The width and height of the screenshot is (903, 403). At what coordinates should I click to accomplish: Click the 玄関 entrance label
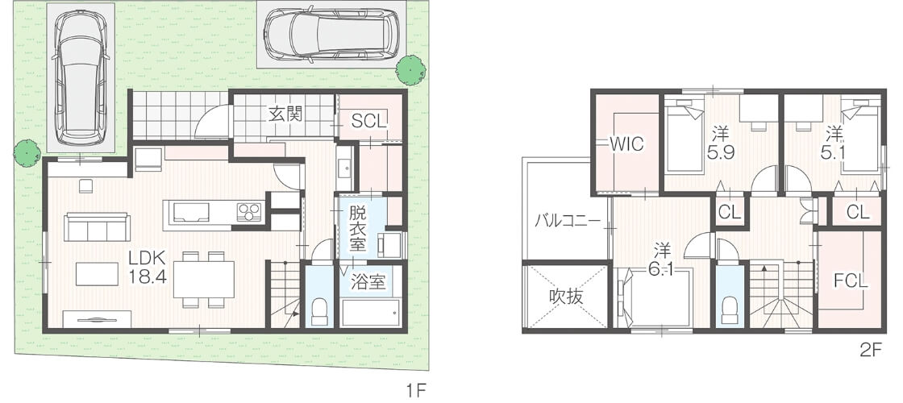(x=285, y=114)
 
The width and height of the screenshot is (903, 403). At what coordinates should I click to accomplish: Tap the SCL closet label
(x=369, y=122)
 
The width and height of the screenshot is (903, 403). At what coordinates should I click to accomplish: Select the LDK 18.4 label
(x=148, y=267)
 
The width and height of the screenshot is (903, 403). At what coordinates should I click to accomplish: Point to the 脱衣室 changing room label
(x=358, y=229)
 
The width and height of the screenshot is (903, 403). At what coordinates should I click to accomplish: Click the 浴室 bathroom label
(x=368, y=283)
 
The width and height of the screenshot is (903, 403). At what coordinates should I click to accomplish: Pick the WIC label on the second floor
(x=626, y=144)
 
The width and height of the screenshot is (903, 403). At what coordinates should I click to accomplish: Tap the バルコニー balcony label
(x=567, y=220)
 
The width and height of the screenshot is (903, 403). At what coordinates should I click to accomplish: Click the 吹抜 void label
(x=565, y=297)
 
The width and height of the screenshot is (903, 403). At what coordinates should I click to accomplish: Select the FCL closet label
(x=851, y=281)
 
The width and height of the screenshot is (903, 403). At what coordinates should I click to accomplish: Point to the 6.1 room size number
(x=662, y=269)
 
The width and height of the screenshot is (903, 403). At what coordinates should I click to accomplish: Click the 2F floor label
(x=872, y=351)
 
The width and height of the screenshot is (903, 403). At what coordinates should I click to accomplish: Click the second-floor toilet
(x=730, y=311)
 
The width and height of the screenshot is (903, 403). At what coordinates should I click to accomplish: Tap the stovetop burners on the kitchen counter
(x=250, y=212)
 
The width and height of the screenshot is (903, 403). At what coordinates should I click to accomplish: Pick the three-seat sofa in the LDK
(x=97, y=226)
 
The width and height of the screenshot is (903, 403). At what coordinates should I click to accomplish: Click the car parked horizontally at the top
(x=332, y=35)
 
